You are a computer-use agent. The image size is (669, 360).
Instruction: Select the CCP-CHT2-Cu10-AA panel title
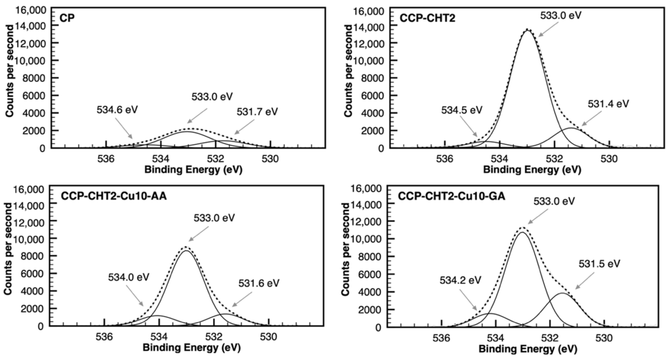click(x=114, y=196)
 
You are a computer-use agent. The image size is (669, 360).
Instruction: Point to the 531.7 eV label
click(x=257, y=112)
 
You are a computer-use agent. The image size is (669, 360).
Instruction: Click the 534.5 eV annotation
click(x=461, y=110)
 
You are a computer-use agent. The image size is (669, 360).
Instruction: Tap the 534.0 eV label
click(x=129, y=277)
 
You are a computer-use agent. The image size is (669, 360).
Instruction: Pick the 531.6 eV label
click(x=259, y=283)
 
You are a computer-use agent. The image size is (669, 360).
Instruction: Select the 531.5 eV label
click(x=599, y=264)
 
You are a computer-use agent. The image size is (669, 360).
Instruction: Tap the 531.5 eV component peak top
click(x=562, y=293)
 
